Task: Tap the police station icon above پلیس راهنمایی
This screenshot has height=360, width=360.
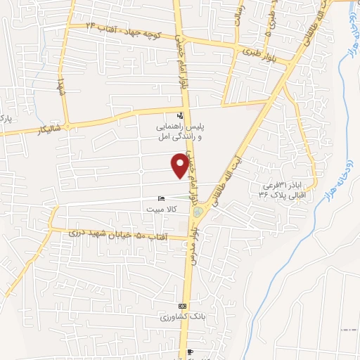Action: pyautogui.click(x=180, y=115)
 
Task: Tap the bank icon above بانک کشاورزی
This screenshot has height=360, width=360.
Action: pyautogui.click(x=183, y=307)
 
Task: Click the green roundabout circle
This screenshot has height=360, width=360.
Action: pyautogui.click(x=198, y=210)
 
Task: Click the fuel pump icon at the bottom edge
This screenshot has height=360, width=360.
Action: pyautogui.click(x=191, y=352)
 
